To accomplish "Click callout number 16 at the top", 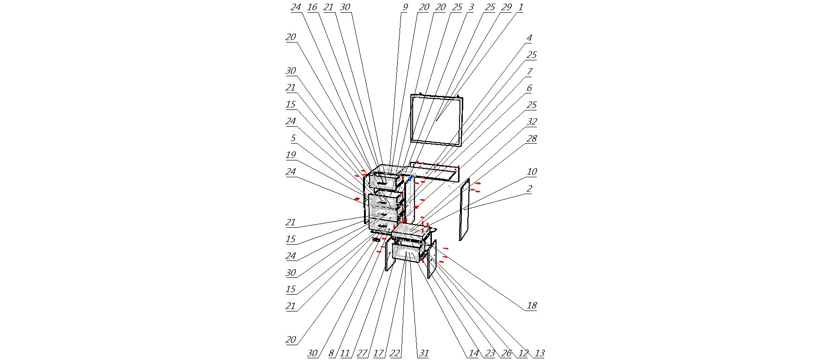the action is (x=312, y=7).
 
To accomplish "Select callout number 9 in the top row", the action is (x=405, y=7).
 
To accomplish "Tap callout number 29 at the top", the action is (x=506, y=7).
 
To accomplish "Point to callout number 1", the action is (x=520, y=7).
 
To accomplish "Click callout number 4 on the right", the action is (x=529, y=38).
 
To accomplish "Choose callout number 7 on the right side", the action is (x=529, y=72).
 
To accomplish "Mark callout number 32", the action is (x=532, y=122).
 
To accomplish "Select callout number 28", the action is (x=532, y=138).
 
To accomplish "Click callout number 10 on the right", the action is (x=532, y=172).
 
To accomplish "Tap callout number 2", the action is (x=529, y=188).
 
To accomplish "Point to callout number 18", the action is (x=532, y=306).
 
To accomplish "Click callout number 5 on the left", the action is (x=293, y=138).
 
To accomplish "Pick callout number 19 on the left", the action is (x=291, y=155).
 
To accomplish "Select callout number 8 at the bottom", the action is (x=331, y=354).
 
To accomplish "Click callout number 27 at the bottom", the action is (x=362, y=354).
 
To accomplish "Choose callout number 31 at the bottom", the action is (x=423, y=354).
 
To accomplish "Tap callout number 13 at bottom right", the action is (x=540, y=354).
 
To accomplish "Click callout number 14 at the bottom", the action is (x=474, y=354).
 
